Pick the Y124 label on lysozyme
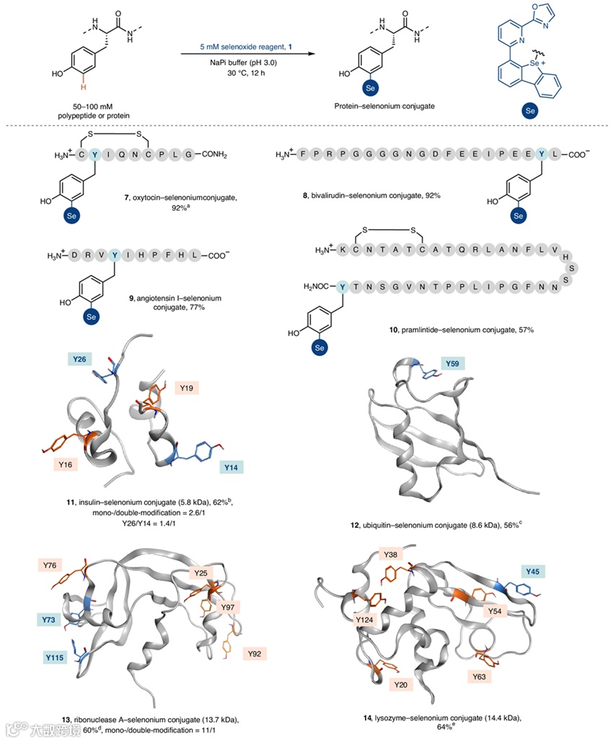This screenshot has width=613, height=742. click(363, 619)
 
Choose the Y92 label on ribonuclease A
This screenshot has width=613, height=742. click(254, 654)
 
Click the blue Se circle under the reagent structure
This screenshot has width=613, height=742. click(529, 111)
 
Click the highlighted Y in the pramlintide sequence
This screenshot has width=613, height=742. click(342, 287)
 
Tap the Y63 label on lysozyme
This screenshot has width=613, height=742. click(480, 676)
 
